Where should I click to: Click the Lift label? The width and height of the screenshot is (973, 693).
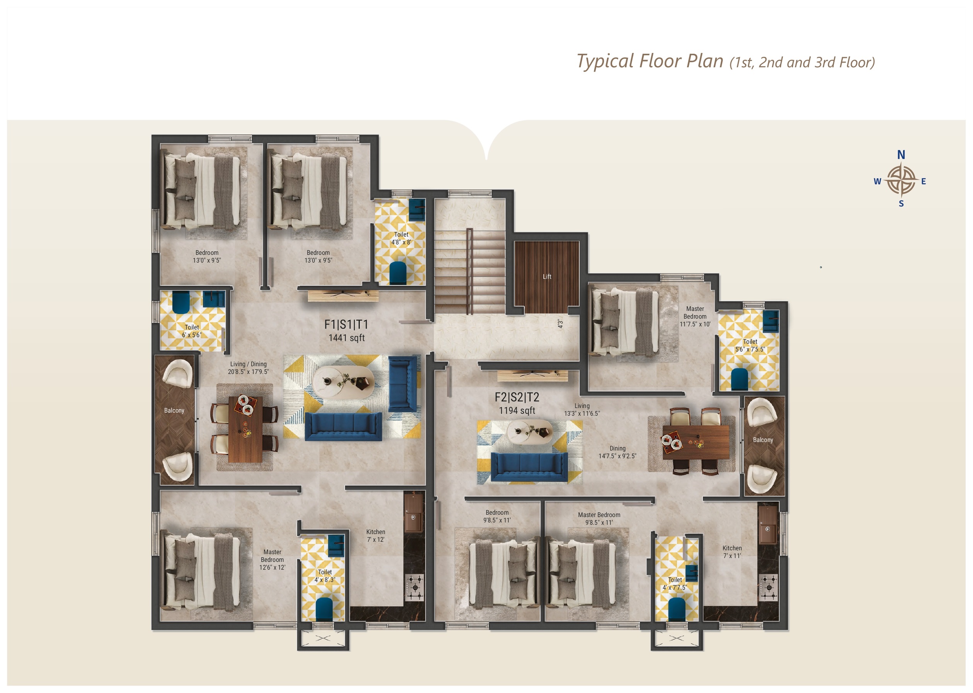click(547, 277)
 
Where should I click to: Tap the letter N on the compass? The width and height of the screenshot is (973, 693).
click(901, 154)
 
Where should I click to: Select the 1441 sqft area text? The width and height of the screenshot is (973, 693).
click(346, 338)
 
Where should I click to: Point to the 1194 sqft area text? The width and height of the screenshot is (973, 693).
click(517, 411)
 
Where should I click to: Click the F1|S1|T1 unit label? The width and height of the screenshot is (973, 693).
click(346, 324)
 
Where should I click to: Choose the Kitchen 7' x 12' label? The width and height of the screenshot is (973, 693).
click(376, 536)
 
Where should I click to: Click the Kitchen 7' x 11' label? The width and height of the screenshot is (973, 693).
click(732, 552)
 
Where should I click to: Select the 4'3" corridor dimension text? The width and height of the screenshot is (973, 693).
click(560, 324)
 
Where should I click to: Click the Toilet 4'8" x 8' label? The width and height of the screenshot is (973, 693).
click(401, 238)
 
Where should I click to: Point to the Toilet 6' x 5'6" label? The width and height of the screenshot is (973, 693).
click(192, 331)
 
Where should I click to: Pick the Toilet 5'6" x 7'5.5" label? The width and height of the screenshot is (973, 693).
click(750, 345)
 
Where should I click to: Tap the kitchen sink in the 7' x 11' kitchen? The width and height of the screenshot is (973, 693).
click(767, 525)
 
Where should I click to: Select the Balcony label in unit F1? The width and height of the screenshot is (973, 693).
click(174, 411)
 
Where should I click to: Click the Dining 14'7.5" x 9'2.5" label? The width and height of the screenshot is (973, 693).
click(617, 452)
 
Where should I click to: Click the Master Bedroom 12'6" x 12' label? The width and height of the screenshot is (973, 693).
click(272, 560)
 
